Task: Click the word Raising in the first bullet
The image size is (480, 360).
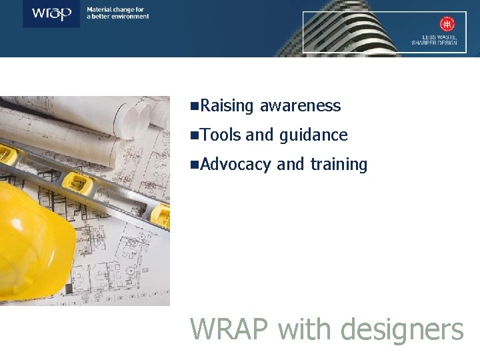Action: click(227, 106)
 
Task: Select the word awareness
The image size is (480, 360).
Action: click(300, 106)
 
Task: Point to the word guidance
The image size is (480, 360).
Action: click(313, 135)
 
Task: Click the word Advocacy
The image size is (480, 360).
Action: click(235, 165)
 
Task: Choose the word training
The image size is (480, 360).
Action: click(339, 165)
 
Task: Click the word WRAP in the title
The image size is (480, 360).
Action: click(230, 329)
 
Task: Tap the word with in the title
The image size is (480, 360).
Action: click(304, 329)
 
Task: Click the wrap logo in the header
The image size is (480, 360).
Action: click(51, 14)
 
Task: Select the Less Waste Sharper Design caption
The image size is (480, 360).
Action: click(435, 40)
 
